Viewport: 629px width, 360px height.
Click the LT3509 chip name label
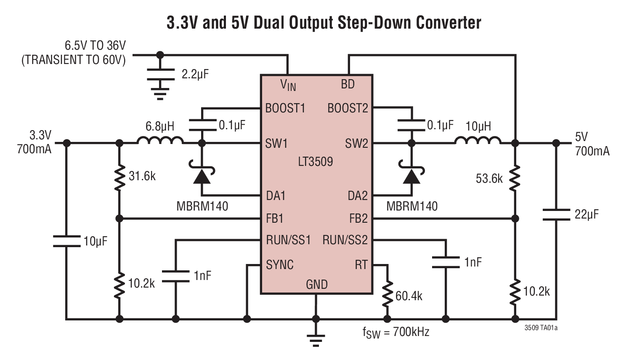316,162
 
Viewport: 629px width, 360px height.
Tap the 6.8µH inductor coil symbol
160,140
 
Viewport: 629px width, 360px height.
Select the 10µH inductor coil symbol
478,140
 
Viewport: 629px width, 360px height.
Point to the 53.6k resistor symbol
515,178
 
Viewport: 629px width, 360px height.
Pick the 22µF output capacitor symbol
556,214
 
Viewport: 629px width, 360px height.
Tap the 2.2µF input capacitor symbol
160,75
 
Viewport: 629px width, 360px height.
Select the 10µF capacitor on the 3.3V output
66,241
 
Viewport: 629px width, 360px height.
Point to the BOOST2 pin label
348,109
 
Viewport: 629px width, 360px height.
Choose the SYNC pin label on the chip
280,265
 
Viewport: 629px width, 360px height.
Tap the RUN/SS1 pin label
288,240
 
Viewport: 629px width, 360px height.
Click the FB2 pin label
358,219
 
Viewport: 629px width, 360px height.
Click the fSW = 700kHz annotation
396,332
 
